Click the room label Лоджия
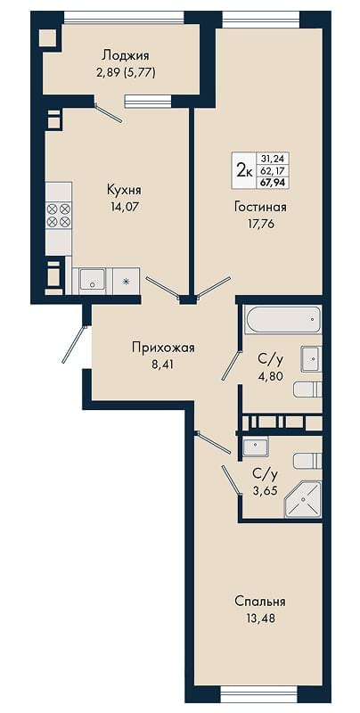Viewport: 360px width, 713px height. pos(126,56)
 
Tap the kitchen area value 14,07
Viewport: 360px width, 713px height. pos(123,208)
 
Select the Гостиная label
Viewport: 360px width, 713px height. pos(260,208)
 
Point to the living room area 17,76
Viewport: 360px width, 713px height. pos(260,224)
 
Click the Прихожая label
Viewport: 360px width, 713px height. pos(163,348)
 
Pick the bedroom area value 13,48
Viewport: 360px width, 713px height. pos(260,619)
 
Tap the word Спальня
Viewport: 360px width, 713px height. pos(260,602)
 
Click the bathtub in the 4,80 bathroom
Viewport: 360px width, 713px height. pos(282,320)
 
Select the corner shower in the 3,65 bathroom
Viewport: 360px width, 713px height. pos(303,500)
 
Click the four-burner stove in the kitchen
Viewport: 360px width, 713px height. pos(59,215)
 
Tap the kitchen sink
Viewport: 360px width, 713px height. pos(93,281)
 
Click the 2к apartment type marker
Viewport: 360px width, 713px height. pos(245,170)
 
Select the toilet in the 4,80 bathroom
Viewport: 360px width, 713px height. pos(307,389)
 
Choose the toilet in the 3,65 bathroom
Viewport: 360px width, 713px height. pos(307,461)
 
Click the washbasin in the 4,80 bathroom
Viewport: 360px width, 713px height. pos(311,359)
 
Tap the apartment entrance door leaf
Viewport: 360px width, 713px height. pos(74,344)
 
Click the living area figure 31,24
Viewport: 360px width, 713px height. pos(274,159)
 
